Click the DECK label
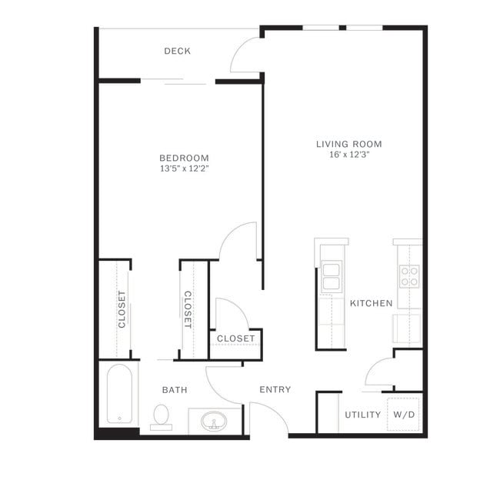pyautogui.click(x=177, y=52)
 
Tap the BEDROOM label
pyautogui.click(x=185, y=158)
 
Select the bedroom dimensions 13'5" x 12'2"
pyautogui.click(x=185, y=168)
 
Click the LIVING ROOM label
pyautogui.click(x=348, y=144)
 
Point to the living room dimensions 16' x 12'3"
pyautogui.click(x=348, y=155)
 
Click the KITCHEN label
pyautogui.click(x=372, y=303)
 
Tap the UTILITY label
pyautogui.click(x=362, y=415)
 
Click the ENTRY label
pyautogui.click(x=275, y=389)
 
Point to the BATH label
pyautogui.click(x=175, y=390)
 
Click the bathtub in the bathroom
pyautogui.click(x=119, y=394)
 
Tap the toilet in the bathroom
pyautogui.click(x=162, y=416)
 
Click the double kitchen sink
pyautogui.click(x=332, y=275)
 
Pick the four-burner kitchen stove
pyautogui.click(x=408, y=275)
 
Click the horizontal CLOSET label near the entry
pyautogui.click(x=235, y=338)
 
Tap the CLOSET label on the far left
pyautogui.click(x=122, y=309)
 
